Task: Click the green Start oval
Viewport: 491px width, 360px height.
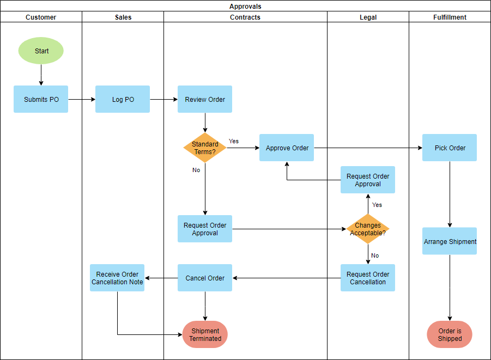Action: (x=41, y=51)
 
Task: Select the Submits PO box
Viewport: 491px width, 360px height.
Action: (x=41, y=99)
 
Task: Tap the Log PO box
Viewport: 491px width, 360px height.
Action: (x=123, y=99)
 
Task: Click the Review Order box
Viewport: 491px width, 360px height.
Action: (x=205, y=99)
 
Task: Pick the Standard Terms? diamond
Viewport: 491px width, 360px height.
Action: (x=205, y=148)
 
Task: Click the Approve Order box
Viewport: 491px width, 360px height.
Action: (x=287, y=148)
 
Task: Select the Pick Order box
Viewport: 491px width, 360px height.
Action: (x=450, y=148)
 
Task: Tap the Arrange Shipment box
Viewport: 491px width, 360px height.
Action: (x=450, y=241)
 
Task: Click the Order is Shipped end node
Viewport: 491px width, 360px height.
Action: (x=450, y=334)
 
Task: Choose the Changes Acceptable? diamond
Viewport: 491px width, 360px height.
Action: (x=368, y=229)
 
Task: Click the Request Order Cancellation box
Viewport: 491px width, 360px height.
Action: (x=368, y=278)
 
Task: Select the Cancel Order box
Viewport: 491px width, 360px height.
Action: (x=205, y=278)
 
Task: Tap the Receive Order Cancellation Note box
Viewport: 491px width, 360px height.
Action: (x=117, y=278)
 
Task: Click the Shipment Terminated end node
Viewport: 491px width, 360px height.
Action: (x=205, y=334)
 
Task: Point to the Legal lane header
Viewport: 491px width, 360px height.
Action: (x=368, y=17)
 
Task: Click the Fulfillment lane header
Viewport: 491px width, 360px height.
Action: (x=450, y=17)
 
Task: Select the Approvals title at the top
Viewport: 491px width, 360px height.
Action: (x=245, y=6)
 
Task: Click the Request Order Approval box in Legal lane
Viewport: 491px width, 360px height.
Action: (x=368, y=180)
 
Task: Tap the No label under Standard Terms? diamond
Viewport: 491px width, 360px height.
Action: (x=196, y=170)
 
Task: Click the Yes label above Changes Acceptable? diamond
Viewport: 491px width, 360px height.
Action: (x=377, y=205)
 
